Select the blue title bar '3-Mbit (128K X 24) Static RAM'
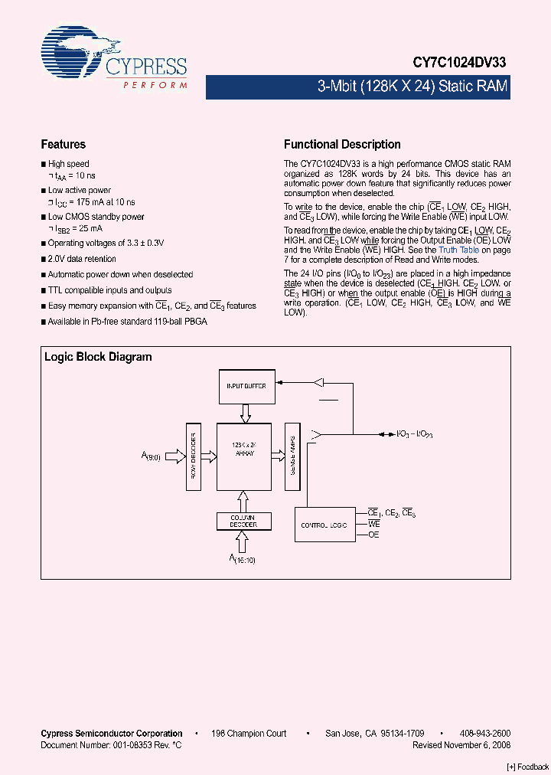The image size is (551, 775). [413, 87]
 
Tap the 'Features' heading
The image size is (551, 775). [63, 144]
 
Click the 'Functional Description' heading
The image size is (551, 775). [342, 144]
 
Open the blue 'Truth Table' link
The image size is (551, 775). [459, 250]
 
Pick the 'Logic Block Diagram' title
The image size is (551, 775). [98, 357]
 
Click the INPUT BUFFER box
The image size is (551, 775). [246, 386]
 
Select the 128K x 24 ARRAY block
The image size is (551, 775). [245, 456]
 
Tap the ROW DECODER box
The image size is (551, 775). [193, 456]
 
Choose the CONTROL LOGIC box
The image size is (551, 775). [325, 525]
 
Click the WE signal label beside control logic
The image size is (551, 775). [374, 524]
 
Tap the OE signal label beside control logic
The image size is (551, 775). [374, 535]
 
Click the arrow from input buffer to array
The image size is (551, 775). [246, 414]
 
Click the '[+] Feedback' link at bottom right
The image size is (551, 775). [528, 767]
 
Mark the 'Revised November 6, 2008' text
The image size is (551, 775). [461, 745]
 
